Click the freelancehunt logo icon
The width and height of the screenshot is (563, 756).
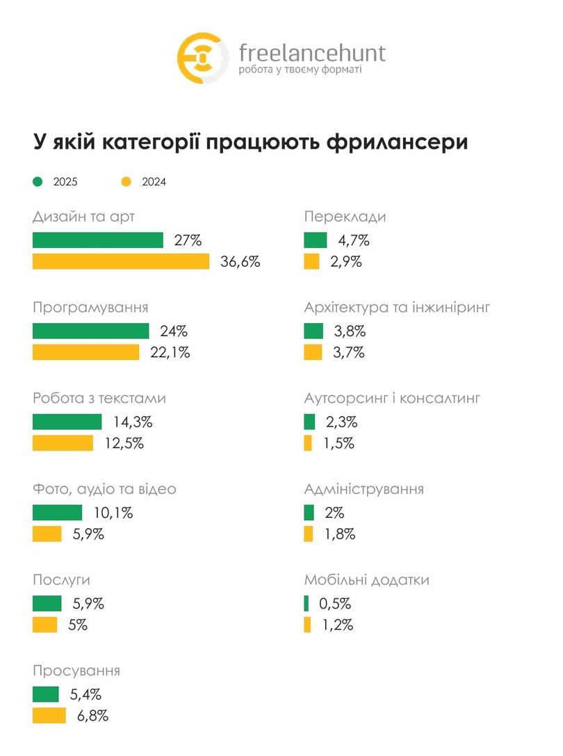click(202, 58)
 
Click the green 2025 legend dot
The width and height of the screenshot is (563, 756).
click(38, 182)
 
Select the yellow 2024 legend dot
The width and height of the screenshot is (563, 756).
click(126, 182)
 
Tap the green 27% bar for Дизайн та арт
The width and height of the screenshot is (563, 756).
click(97, 240)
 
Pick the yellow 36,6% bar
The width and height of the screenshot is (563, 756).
click(121, 262)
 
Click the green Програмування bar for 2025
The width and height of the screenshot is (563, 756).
click(90, 331)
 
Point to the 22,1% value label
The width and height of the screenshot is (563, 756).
click(170, 352)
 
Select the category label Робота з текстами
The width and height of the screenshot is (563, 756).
click(99, 399)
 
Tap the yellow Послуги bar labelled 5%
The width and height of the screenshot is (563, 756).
click(45, 625)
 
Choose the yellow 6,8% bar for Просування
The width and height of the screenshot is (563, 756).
click(49, 716)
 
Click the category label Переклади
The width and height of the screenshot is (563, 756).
click(345, 217)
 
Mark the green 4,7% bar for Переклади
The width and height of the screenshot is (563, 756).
click(316, 240)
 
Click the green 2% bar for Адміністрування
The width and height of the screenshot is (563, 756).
click(309, 513)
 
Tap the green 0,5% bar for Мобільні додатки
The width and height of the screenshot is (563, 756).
click(307, 603)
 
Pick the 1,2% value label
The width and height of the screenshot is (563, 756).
click(338, 625)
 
